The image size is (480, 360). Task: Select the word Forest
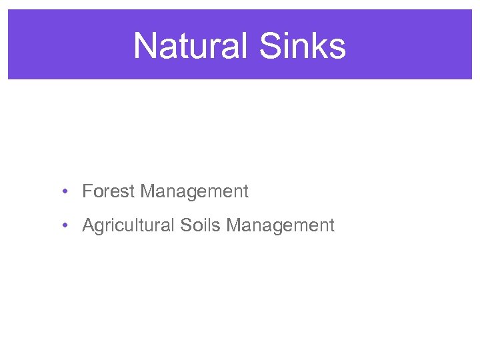[x=109, y=192]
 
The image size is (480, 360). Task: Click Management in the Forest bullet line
[x=195, y=192]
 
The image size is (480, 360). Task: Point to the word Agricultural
[x=128, y=226]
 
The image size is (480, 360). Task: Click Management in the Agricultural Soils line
[x=280, y=226]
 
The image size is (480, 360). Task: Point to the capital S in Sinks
[x=272, y=46]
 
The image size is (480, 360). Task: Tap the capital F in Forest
[x=87, y=192]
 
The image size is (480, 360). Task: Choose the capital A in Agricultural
[x=87, y=226]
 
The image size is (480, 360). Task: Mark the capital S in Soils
[x=185, y=226]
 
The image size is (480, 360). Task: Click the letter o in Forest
[x=97, y=192]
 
